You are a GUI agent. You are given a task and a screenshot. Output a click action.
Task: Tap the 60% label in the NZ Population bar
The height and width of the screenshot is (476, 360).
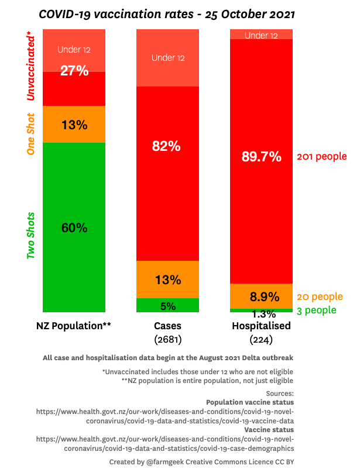[x=74, y=228]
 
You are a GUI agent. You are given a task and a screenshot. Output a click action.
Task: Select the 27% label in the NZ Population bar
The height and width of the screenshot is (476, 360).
[x=74, y=71]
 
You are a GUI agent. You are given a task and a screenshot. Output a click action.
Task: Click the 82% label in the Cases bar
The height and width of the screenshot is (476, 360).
[x=167, y=147]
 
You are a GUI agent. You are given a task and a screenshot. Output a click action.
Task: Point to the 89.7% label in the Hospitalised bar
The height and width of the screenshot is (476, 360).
[x=262, y=156]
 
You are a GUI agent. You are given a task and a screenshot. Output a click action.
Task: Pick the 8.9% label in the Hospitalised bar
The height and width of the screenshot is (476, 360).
[x=262, y=296]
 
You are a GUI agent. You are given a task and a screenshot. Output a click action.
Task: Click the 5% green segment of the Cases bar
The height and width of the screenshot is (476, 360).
[x=167, y=305]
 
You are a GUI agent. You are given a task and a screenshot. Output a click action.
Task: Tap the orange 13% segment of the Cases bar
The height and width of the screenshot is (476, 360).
[x=167, y=280]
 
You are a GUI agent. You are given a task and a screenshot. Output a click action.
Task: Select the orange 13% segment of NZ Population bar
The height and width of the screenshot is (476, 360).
[x=74, y=125]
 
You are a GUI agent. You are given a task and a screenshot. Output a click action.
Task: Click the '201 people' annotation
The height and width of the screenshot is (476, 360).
[x=322, y=157]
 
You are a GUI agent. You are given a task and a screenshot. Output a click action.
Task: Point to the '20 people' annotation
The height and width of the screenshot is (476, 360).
[x=320, y=297]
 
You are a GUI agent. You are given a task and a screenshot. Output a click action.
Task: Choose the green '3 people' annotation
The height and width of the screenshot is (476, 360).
[x=317, y=311]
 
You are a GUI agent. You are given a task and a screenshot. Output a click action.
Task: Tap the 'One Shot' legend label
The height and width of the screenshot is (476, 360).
[x=31, y=134]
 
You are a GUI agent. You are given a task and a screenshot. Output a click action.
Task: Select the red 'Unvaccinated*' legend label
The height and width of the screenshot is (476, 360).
[x=31, y=67]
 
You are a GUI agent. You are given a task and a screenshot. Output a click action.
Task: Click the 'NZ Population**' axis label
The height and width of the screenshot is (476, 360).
[x=74, y=326]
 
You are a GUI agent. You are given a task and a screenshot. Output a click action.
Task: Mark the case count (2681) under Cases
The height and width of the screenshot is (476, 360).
[x=167, y=339]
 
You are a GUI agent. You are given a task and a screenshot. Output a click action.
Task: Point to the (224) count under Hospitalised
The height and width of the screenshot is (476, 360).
[x=261, y=339]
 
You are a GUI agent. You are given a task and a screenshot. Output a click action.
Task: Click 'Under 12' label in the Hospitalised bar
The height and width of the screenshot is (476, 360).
[x=261, y=36]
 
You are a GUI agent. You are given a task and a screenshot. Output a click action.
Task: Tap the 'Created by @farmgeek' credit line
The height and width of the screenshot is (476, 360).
[x=201, y=462]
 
